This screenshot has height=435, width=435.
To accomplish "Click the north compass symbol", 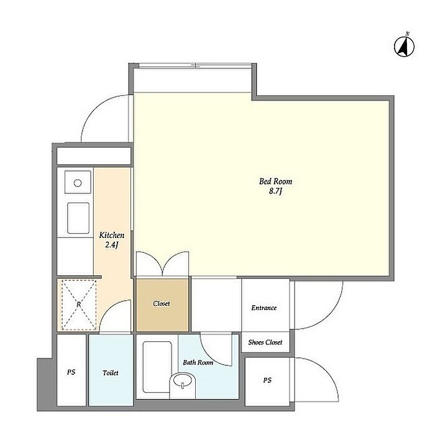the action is pos(404,46).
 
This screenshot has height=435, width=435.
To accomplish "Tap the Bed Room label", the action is pos(275,181).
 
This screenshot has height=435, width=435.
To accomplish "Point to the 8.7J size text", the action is pos(275,191).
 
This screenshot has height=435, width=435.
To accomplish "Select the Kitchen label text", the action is pos(111,236).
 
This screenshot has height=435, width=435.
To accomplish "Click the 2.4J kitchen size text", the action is pos(111,245).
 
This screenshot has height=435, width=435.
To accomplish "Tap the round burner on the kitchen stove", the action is pos(78,183).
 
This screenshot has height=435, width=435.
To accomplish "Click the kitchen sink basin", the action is pos(78,218).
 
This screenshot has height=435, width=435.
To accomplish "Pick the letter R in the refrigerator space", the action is pos(79,304).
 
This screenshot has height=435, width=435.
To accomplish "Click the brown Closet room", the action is pos(162,305).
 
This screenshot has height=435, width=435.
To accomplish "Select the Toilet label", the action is pos(111,373).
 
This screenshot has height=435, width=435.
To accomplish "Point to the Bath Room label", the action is pos(198,362).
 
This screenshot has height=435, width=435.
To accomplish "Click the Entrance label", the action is pos(264,308).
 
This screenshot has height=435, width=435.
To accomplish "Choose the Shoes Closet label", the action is pos(265,342).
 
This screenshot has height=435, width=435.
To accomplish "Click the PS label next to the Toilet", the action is pos(71,372).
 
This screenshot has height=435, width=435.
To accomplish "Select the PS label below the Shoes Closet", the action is pos(267,380).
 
